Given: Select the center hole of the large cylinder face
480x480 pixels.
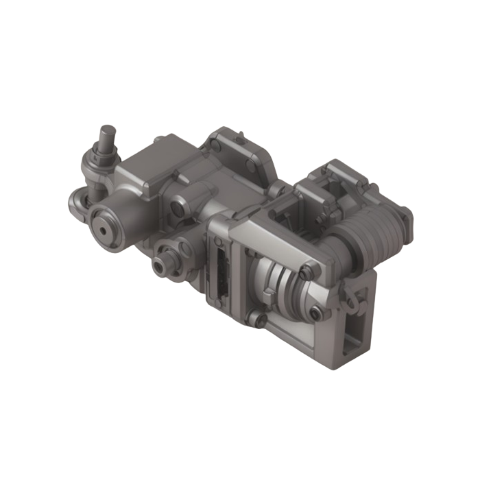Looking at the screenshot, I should [108, 230].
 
